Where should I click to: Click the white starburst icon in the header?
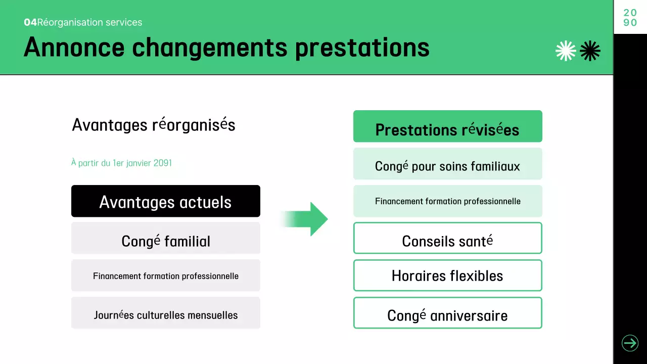click(x=566, y=51)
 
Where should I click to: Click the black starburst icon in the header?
click(x=590, y=51)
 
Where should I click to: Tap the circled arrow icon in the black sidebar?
click(x=630, y=343)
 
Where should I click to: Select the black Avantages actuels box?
click(x=166, y=201)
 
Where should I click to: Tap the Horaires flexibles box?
click(x=447, y=276)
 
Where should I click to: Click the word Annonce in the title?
click(x=74, y=47)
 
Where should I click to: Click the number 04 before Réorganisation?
click(x=30, y=22)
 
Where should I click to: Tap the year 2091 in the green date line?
click(x=162, y=163)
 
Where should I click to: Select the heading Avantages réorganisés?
click(x=154, y=124)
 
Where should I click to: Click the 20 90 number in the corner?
click(x=630, y=18)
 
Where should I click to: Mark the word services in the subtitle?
click(x=127, y=22)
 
